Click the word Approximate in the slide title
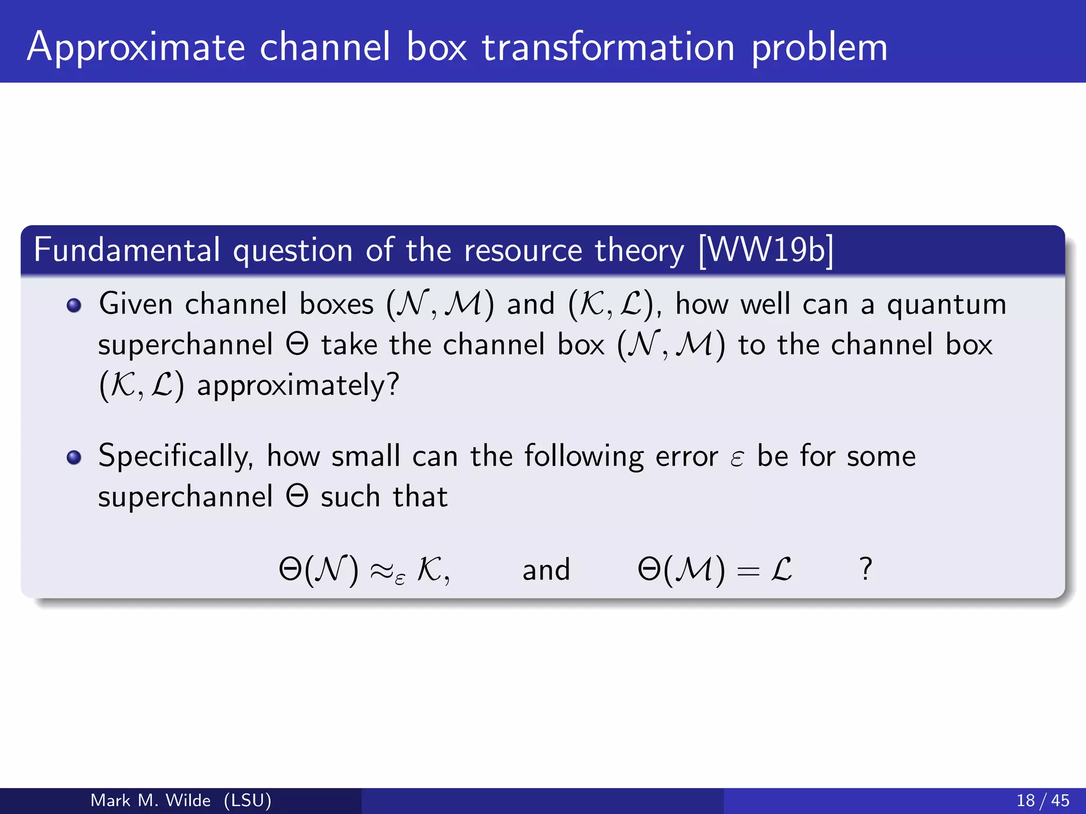[136, 48]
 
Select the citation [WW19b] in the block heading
[766, 250]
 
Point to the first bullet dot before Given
[74, 306]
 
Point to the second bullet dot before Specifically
[74, 457]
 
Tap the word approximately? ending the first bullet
[298, 385]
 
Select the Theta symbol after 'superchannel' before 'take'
[297, 345]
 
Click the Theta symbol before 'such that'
[297, 497]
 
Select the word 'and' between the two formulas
[546, 570]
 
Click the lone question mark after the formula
[865, 569]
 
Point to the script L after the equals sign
[781, 570]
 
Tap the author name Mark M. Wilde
[151, 800]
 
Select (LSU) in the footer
[248, 800]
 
